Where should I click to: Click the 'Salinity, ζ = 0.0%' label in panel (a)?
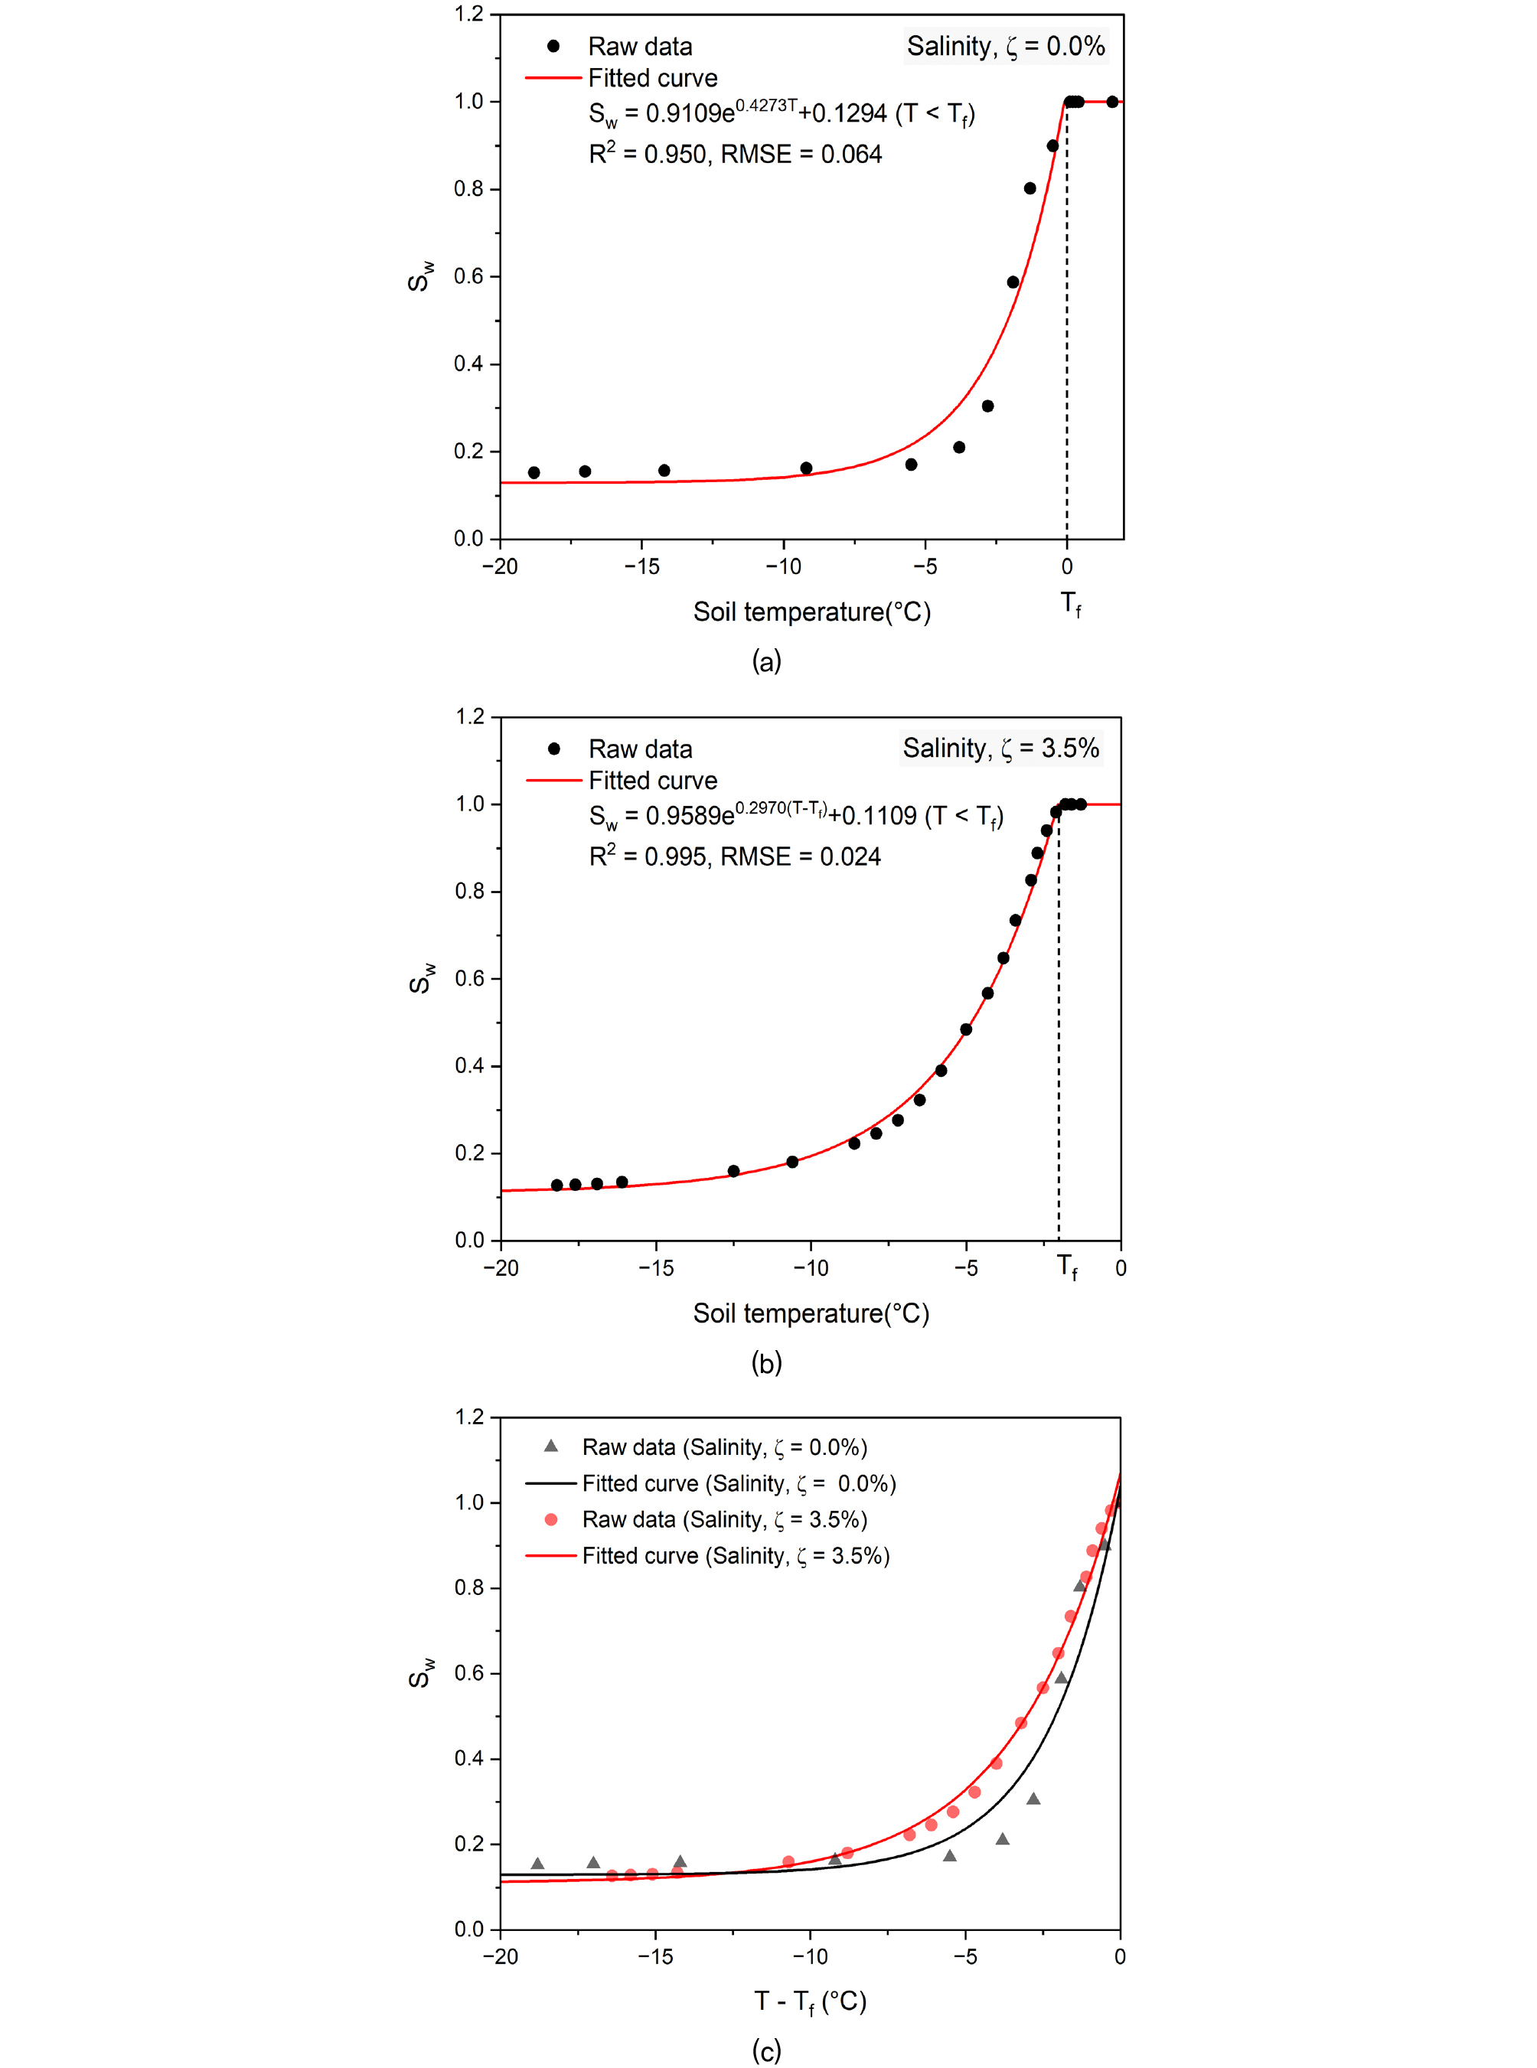click(1006, 46)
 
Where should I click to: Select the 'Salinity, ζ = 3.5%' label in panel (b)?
click(1001, 748)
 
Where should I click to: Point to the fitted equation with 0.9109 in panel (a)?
click(782, 113)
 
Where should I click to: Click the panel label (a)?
click(767, 661)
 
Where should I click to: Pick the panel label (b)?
click(767, 1363)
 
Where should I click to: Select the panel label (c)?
click(767, 2050)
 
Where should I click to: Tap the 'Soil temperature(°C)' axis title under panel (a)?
click(811, 612)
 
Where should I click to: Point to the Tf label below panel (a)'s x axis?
click(1071, 604)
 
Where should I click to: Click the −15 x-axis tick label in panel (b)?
click(656, 1268)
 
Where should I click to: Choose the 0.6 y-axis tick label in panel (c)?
click(469, 1674)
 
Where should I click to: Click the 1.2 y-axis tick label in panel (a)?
click(469, 14)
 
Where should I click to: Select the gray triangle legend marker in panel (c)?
click(551, 1446)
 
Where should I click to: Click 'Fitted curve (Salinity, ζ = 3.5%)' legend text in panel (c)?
click(736, 1555)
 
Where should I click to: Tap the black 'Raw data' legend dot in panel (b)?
click(553, 749)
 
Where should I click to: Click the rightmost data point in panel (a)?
click(1112, 101)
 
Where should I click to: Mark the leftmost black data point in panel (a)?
click(534, 472)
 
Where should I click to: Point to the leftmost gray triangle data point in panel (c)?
click(537, 1864)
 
